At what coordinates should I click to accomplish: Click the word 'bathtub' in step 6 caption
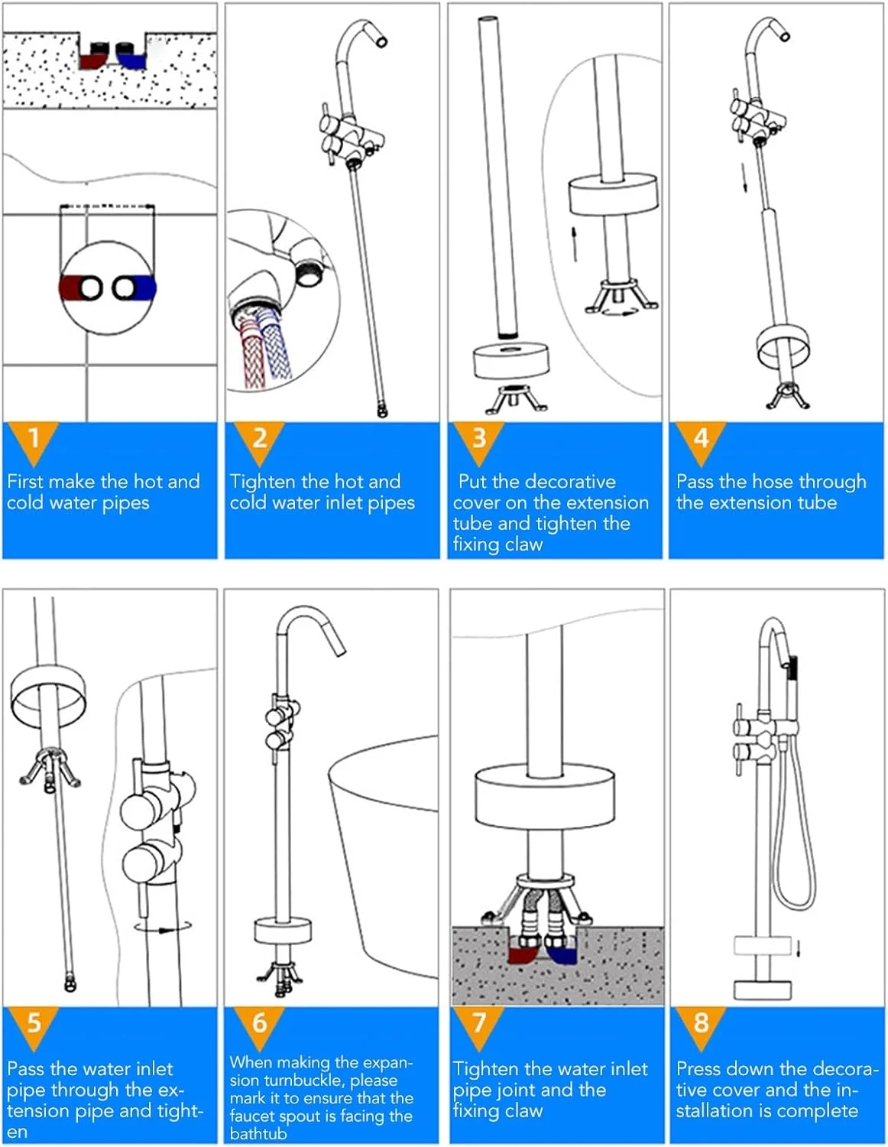coord(258,1134)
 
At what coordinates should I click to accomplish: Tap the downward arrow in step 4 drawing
coord(744,178)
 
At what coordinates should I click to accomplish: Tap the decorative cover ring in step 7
coord(545,797)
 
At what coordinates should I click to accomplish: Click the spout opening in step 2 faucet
coord(381,41)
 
